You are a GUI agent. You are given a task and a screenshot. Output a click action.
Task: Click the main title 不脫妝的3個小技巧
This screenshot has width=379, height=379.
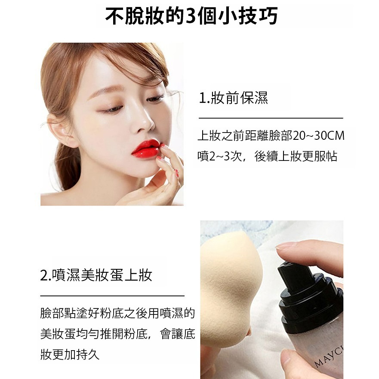pyautogui.click(x=191, y=17)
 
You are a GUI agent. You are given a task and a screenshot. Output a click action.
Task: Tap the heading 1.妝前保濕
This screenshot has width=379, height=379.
pyautogui.click(x=233, y=98)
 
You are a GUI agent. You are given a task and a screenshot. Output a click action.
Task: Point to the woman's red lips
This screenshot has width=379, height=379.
pyautogui.click(x=145, y=149)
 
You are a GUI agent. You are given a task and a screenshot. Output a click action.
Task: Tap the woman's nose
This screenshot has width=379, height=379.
pyautogui.click(x=145, y=122)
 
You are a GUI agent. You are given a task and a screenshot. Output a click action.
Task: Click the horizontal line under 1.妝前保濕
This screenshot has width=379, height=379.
pyautogui.click(x=271, y=118)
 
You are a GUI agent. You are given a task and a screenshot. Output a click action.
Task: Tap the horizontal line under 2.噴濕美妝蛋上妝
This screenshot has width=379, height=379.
pyautogui.click(x=112, y=296)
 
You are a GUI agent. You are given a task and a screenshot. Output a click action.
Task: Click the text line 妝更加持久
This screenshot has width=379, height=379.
pyautogui.click(x=69, y=355)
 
